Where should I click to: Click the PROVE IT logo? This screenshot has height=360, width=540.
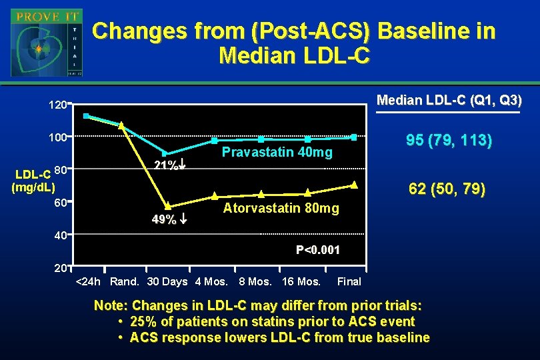[46, 43]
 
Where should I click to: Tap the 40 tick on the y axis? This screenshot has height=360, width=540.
[60, 235]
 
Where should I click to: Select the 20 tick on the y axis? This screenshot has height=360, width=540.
[60, 268]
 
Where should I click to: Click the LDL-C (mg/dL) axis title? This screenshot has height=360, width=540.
[33, 181]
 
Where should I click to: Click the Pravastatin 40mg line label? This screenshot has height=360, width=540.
[277, 153]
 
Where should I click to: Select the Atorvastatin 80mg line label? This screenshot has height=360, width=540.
[281, 209]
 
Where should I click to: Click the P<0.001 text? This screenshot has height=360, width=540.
[318, 251]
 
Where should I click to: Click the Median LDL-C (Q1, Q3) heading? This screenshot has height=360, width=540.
[449, 101]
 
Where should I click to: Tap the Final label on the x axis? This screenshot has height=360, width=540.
[349, 281]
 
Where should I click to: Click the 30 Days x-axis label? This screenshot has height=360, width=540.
[167, 281]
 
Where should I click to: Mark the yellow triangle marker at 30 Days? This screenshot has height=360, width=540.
[168, 206]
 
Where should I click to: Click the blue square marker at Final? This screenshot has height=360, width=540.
[354, 137]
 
